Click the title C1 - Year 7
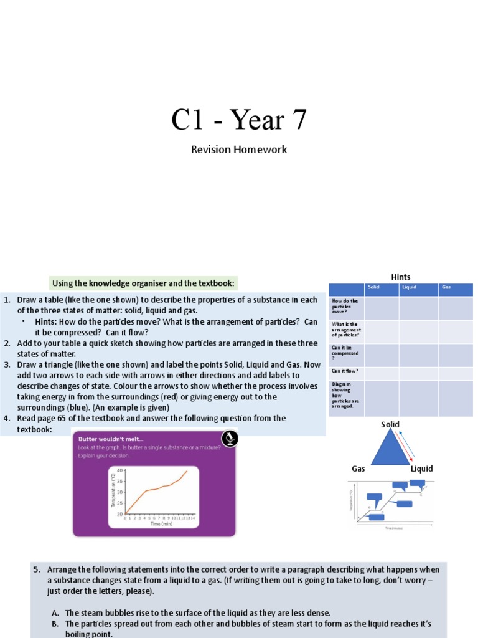point(239,120)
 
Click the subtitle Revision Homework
point(239,150)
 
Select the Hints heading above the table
point(401,277)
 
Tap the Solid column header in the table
point(373,288)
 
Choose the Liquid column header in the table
point(409,288)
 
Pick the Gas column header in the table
point(446,288)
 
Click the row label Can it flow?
point(340,371)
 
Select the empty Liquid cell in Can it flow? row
point(418,372)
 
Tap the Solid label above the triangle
point(390,425)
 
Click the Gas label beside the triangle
point(358,469)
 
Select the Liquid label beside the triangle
point(421,469)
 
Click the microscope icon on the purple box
point(228,439)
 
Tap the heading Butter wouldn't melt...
point(103,439)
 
